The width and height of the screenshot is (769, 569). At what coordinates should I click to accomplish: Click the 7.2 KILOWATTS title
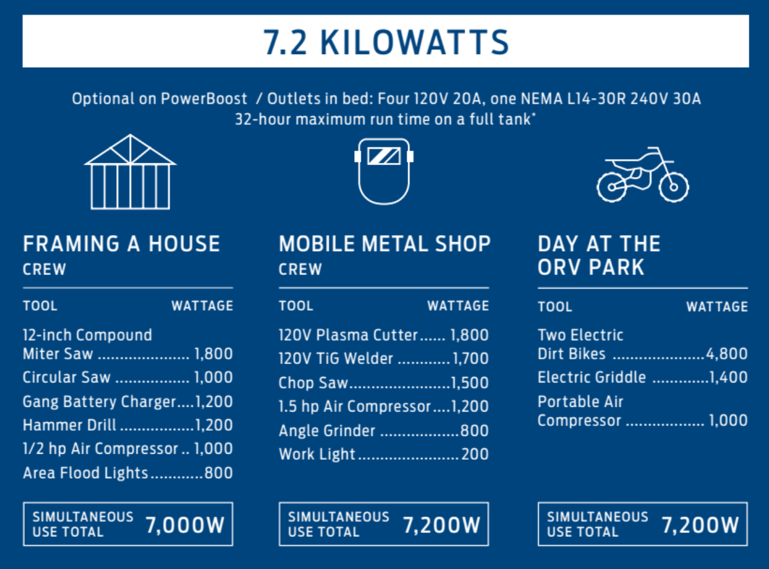tap(386, 42)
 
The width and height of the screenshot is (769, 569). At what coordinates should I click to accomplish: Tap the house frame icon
tap(131, 172)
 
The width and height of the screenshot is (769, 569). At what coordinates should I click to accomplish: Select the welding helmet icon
tap(384, 171)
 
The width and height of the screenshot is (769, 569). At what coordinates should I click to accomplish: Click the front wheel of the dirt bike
tap(673, 187)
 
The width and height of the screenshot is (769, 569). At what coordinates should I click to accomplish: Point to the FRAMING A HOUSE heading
tap(122, 244)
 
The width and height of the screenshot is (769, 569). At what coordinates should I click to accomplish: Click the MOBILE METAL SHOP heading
tap(385, 244)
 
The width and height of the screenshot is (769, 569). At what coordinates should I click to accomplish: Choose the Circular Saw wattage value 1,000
tap(213, 377)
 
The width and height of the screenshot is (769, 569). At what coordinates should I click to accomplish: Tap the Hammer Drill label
tap(69, 425)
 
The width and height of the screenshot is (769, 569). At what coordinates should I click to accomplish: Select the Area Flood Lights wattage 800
tap(218, 473)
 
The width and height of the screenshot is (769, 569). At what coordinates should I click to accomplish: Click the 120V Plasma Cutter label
tap(348, 335)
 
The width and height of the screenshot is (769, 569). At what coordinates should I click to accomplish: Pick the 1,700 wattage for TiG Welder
tap(471, 358)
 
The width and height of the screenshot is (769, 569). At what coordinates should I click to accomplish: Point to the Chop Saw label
tap(313, 383)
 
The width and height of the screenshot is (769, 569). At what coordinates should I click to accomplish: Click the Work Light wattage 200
tap(475, 454)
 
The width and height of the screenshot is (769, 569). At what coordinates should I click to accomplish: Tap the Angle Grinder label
tap(327, 431)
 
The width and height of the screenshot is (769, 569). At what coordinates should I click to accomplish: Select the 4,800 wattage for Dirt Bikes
tap(727, 354)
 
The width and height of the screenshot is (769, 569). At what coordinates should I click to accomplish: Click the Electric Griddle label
tap(592, 377)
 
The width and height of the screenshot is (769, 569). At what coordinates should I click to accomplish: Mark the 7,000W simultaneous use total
tap(185, 524)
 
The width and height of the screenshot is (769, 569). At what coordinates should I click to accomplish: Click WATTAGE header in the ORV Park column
tap(717, 306)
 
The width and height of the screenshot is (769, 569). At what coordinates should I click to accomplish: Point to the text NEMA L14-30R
tap(573, 99)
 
